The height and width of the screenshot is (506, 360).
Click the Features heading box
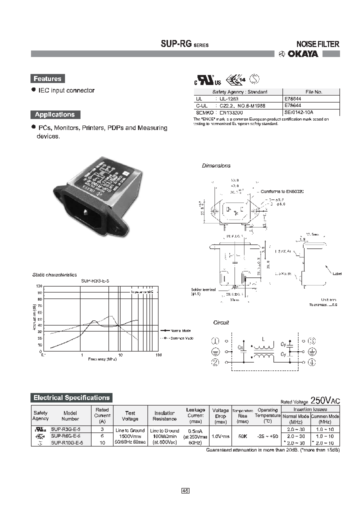47,78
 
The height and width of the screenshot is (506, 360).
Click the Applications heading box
54,114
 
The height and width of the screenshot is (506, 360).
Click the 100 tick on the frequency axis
158,355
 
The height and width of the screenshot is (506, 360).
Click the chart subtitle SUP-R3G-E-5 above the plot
95,281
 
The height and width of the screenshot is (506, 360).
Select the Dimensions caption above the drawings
216,165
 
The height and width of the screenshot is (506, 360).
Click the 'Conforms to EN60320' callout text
282,191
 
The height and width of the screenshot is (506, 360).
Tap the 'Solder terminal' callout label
203,289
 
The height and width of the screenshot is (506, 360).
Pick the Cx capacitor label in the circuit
240,346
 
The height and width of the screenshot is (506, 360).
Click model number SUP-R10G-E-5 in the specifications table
70,443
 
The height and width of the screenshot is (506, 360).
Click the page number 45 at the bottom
185,491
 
